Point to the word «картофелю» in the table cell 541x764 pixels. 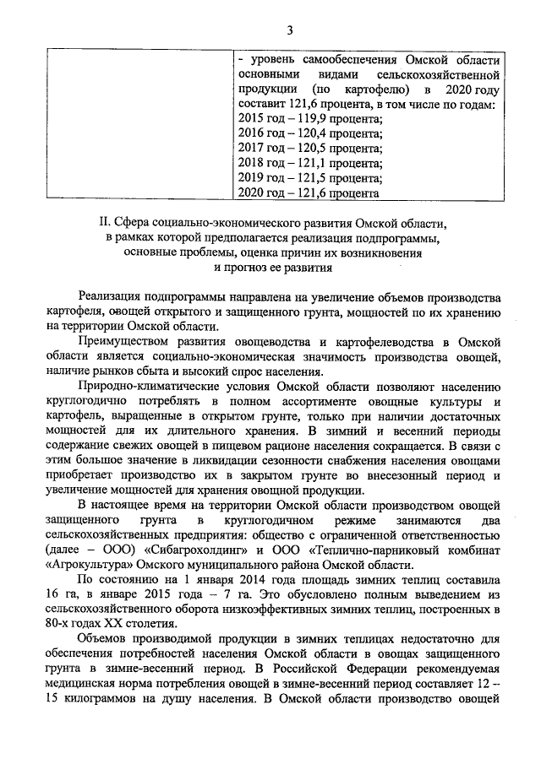[x=365, y=89]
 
